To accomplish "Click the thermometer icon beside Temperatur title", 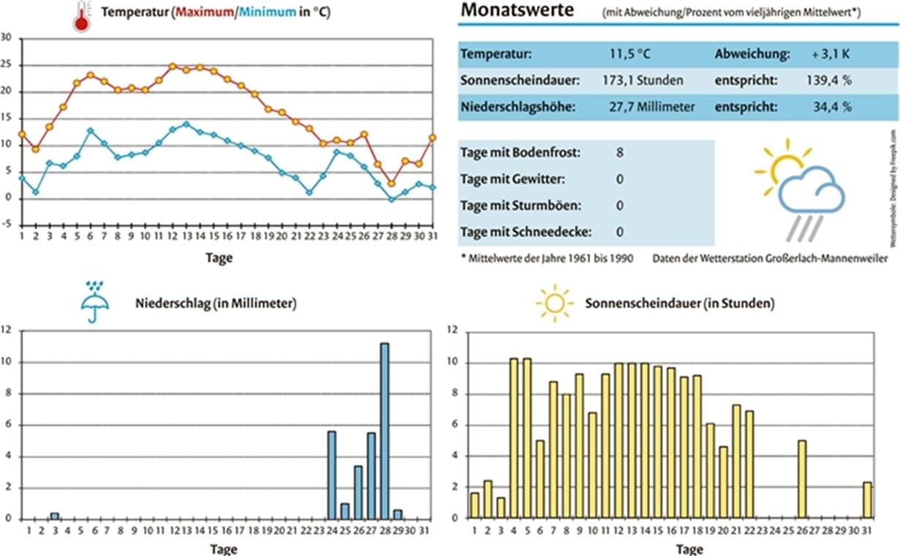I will pyautogui.click(x=80, y=16).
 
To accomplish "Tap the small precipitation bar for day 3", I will pyautogui.click(x=54, y=516).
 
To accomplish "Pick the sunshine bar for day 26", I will pyautogui.click(x=802, y=479).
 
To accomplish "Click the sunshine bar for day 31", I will pyautogui.click(x=867, y=500).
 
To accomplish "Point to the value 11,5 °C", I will pyautogui.click(x=629, y=54).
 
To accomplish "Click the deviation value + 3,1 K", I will pyautogui.click(x=830, y=54).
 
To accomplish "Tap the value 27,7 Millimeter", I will pyautogui.click(x=651, y=107).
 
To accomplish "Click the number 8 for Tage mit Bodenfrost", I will pyautogui.click(x=620, y=153).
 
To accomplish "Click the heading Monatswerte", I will pyautogui.click(x=518, y=11).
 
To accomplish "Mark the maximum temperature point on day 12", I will pyautogui.click(x=173, y=67).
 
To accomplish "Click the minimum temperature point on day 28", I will pyautogui.click(x=391, y=199).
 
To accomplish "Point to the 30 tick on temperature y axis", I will pyautogui.click(x=7, y=38).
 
